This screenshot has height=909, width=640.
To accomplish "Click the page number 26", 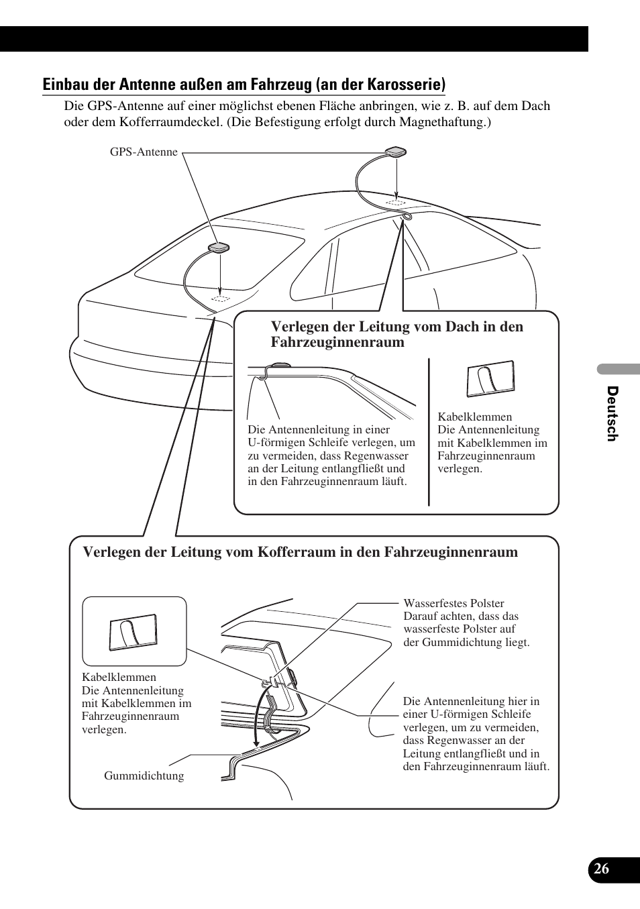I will point(601,868).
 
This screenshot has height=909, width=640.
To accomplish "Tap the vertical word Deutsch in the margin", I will point(611,413).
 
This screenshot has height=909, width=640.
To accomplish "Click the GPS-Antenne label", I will point(144,152).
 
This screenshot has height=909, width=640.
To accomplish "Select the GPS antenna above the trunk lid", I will point(219,248).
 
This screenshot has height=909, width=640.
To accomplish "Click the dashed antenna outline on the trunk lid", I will point(220,297).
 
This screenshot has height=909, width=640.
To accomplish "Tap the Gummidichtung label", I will point(144,776).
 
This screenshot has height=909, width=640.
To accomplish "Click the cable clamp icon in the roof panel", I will point(490,379).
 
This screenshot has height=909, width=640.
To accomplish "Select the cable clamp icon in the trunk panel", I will point(134,633).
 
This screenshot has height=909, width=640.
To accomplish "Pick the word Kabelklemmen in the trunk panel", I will point(119,678).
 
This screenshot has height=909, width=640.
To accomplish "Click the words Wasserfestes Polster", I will point(454,604).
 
